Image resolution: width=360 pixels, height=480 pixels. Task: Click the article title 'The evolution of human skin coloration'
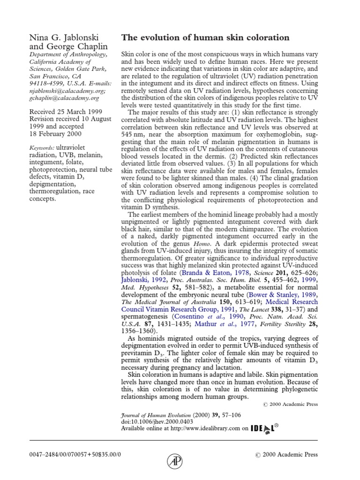point(205,37)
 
